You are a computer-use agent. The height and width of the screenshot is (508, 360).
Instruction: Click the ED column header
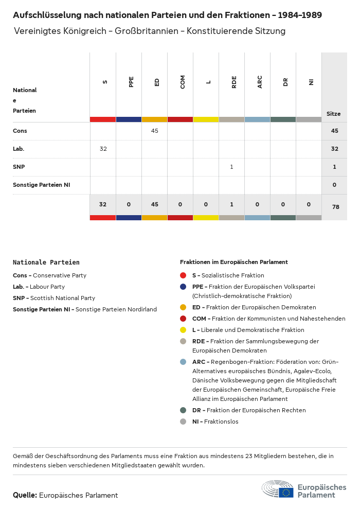pos(157,82)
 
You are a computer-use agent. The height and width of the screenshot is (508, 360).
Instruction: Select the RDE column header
pos(234,82)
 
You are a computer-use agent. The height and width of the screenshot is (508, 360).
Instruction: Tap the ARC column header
pos(260,82)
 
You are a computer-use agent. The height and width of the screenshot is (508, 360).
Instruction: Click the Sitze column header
pos(334,114)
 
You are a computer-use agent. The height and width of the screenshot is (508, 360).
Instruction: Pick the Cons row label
pos(20,131)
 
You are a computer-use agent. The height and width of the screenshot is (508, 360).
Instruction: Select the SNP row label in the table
pos(19,167)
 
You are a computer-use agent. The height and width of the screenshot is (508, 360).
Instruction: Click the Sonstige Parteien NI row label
pos(41,185)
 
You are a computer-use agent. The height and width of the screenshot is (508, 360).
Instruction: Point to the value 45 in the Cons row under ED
pos(155,131)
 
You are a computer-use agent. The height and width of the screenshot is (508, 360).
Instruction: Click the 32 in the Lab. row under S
pos(103,149)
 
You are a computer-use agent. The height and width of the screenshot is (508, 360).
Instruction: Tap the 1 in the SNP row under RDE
pos(232,167)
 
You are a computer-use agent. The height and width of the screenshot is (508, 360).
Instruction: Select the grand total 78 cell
pos(335,207)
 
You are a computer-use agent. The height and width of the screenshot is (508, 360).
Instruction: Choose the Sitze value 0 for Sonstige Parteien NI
pos(335,185)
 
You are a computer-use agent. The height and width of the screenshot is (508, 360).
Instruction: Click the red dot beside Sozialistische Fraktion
pos(183,275)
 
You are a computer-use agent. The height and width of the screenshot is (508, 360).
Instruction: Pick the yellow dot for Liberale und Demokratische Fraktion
pos(183,330)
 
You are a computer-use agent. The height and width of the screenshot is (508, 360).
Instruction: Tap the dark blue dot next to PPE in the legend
pos(183,287)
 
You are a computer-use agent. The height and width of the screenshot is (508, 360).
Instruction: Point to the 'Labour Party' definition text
pos(47,287)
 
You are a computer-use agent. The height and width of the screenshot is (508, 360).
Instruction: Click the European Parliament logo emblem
pos(278,489)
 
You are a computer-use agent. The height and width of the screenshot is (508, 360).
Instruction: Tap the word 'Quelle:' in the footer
pos(25,495)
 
